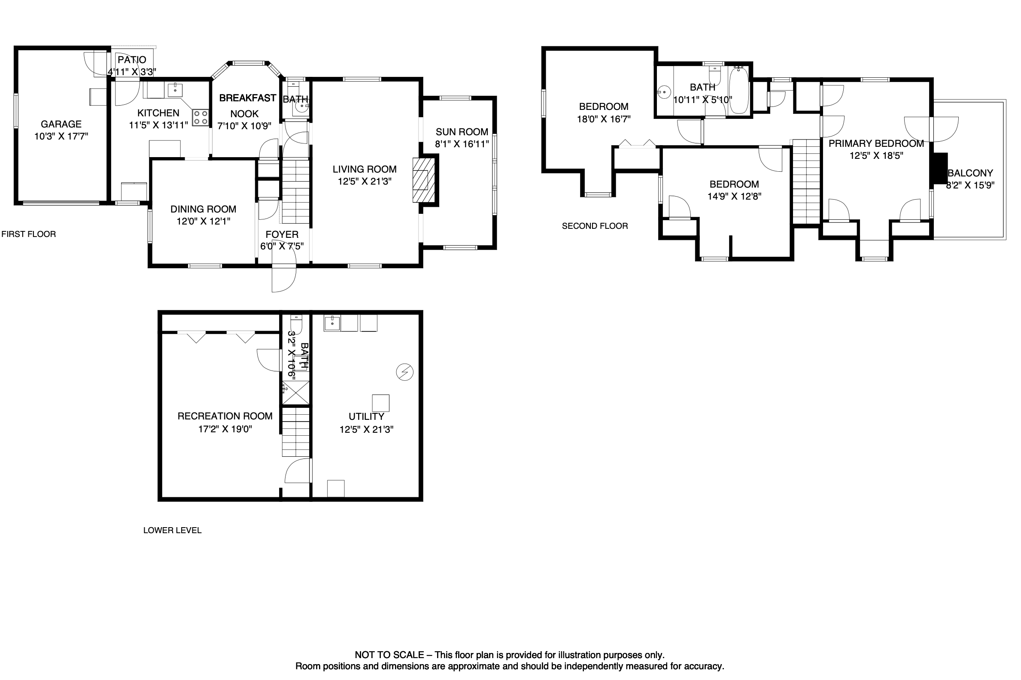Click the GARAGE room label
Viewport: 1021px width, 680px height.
pos(61,124)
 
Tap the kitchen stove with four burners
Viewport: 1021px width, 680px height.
pos(200,117)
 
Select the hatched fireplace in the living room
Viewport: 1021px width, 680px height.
pos(423,179)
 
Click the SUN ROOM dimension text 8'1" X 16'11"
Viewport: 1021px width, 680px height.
pos(462,143)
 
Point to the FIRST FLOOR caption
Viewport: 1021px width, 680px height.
pos(29,234)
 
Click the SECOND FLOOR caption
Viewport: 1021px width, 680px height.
pos(595,226)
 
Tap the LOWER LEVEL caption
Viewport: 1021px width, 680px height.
pos(172,530)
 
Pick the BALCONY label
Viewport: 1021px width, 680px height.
pos(970,173)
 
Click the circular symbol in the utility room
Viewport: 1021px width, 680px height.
pos(404,372)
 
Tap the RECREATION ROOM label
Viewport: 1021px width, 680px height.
pos(225,416)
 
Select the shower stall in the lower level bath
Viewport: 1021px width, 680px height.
pos(296,393)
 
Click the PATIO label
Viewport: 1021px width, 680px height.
pos(132,60)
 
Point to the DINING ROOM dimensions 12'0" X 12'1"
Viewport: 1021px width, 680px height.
pos(204,221)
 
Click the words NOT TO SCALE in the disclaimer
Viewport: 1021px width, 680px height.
pos(389,655)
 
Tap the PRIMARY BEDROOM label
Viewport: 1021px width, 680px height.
pos(876,143)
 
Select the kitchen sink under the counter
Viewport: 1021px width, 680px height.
pos(175,90)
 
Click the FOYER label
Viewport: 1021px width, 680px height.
pos(282,235)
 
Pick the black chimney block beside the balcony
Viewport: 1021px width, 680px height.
pos(939,169)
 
